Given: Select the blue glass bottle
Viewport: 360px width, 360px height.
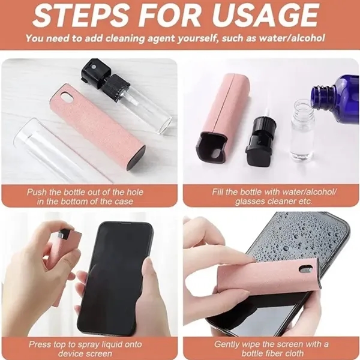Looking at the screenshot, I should [337, 95].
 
